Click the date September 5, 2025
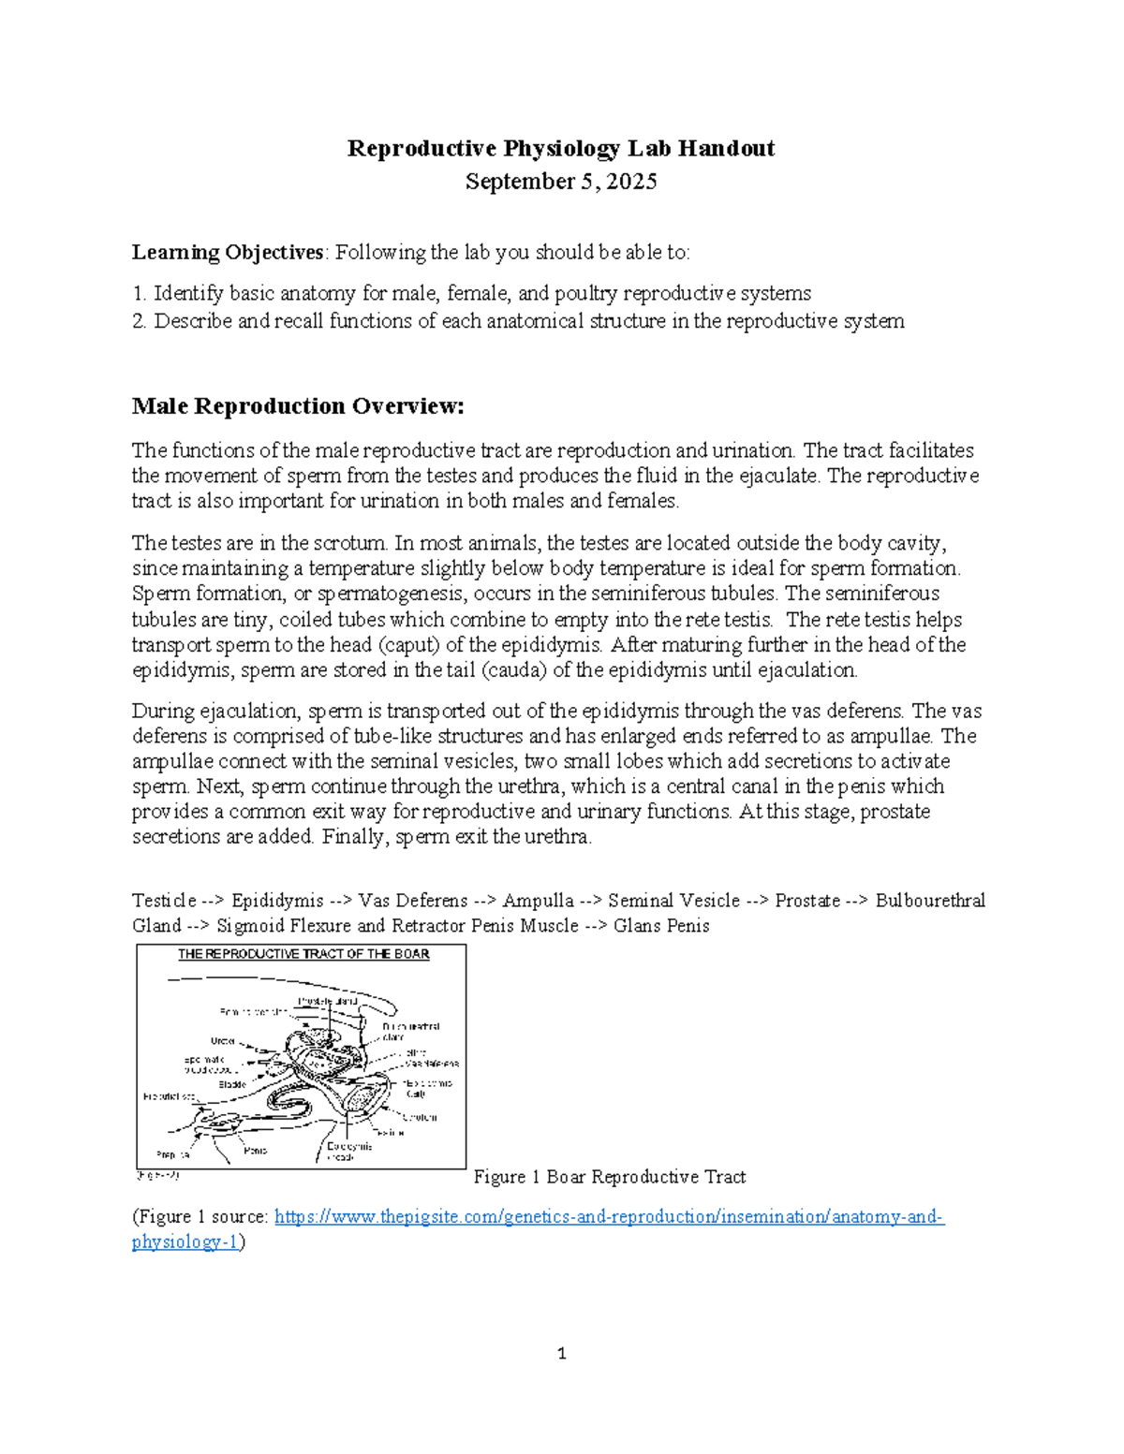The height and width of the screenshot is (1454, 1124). (561, 182)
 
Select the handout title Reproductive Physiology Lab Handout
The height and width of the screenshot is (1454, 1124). (561, 149)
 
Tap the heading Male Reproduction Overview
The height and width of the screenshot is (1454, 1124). (298, 406)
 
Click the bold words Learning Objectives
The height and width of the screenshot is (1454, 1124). (228, 253)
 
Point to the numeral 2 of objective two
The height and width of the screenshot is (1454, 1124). (138, 321)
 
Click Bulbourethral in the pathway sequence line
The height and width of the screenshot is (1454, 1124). (930, 901)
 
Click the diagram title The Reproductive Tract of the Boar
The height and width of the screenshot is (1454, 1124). (303, 955)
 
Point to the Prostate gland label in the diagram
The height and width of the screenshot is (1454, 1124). (328, 1001)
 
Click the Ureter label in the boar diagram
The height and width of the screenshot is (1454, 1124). (223, 1041)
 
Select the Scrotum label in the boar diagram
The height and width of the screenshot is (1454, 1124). (420, 1117)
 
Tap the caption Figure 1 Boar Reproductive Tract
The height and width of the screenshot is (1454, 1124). (610, 1177)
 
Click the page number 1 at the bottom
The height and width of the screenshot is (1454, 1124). (562, 1354)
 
